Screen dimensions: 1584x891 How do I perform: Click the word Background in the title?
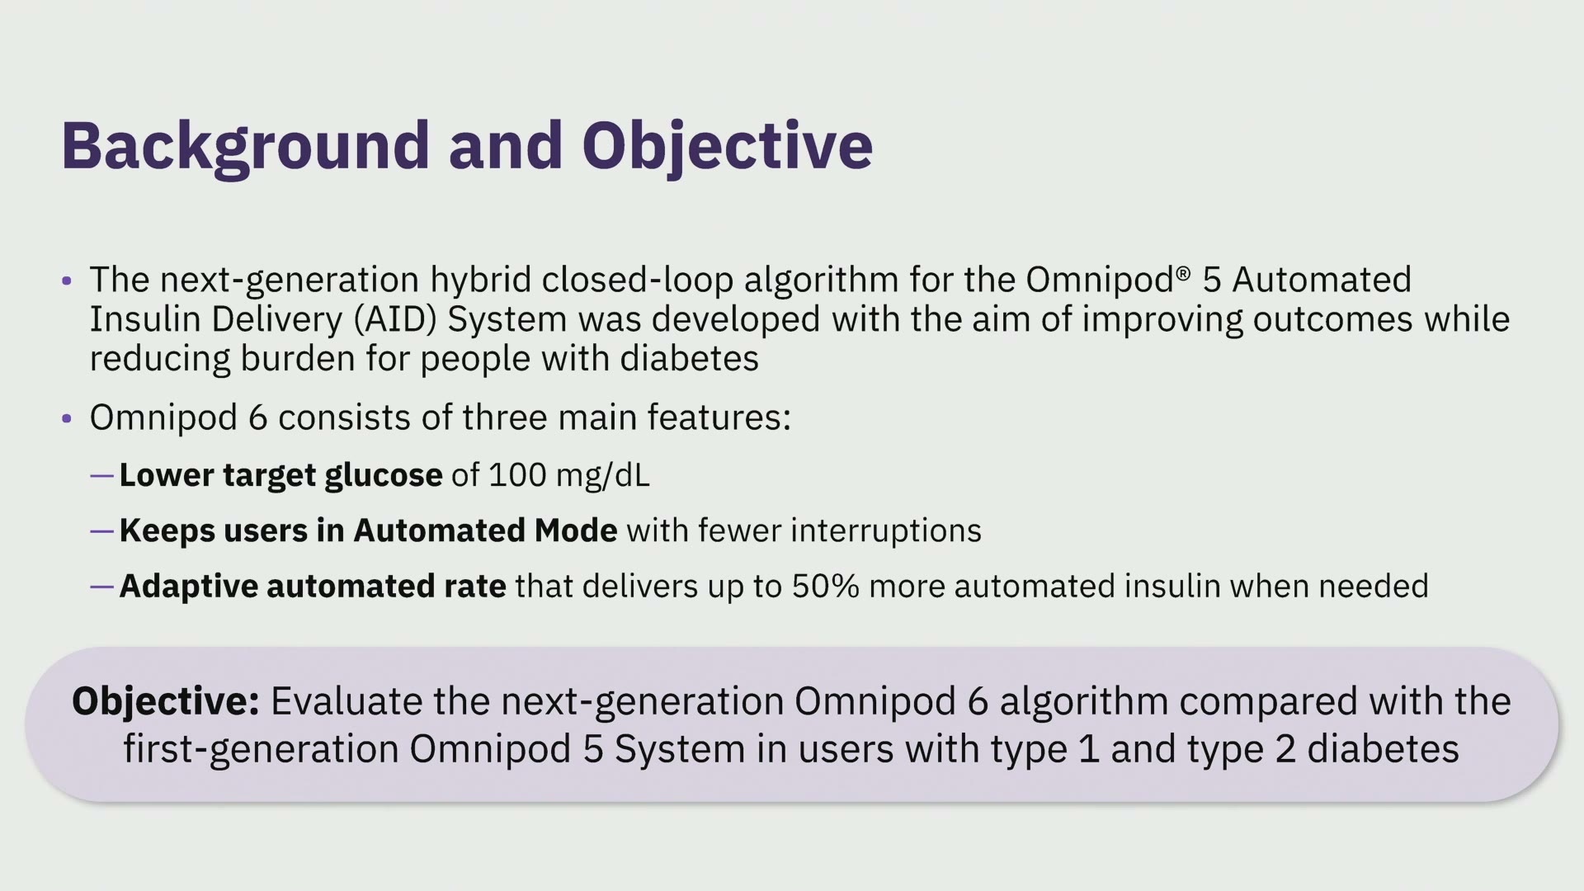point(246,147)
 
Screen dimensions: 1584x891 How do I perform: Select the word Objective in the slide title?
point(727,147)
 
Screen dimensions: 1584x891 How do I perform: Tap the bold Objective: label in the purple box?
point(166,701)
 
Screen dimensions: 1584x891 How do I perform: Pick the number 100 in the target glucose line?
point(517,475)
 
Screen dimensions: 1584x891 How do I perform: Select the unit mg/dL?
point(603,476)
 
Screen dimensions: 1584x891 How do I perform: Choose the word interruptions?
point(886,531)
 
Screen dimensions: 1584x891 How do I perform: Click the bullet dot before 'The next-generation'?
point(67,281)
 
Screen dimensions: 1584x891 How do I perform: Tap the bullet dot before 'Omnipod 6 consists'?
point(67,419)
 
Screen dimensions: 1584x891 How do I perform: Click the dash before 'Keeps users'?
point(101,531)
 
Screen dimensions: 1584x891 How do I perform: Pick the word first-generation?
point(261,750)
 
